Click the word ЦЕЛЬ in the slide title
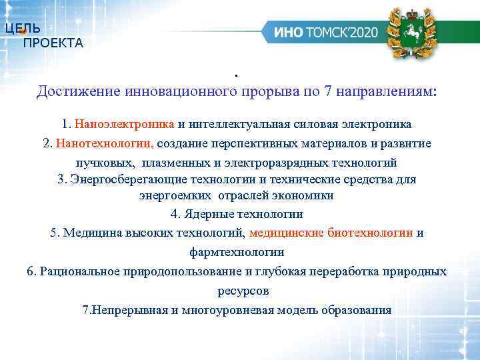pos(22,29)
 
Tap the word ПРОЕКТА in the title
pos(53,44)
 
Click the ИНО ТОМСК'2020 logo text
pos(325,32)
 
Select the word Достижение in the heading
pos(71,91)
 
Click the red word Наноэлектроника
pos(125,124)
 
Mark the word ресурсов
pos(243,291)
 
